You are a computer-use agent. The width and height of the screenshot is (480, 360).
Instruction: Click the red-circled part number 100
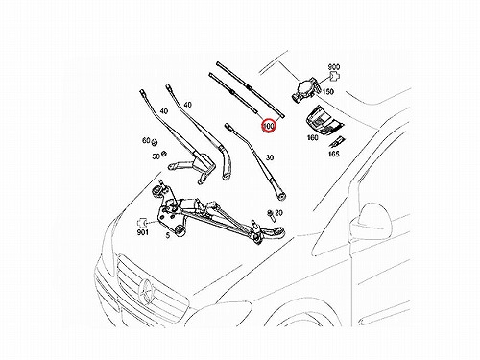click(269, 126)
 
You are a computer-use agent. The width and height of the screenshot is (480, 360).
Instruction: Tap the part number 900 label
click(334, 67)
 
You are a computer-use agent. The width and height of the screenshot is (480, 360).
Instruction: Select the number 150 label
click(327, 92)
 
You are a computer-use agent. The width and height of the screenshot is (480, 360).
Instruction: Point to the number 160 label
click(313, 137)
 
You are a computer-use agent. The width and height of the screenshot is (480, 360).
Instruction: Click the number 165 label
click(334, 154)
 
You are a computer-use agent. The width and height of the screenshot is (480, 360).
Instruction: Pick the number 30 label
click(270, 157)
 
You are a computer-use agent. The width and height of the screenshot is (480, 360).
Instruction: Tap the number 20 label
click(278, 213)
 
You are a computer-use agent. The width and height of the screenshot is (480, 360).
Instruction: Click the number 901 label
click(143, 232)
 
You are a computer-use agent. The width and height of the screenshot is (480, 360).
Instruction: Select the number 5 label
click(168, 236)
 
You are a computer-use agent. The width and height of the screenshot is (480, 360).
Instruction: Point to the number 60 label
click(146, 140)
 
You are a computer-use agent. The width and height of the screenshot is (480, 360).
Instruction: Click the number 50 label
click(156, 156)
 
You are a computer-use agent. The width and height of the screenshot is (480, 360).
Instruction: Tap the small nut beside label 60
click(154, 141)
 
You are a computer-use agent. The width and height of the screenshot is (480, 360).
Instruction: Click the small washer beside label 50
click(163, 154)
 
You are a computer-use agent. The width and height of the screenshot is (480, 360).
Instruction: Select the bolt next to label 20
click(270, 215)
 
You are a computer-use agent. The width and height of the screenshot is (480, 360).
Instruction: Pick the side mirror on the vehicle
click(372, 220)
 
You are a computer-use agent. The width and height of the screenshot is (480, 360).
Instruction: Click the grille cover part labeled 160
click(323, 120)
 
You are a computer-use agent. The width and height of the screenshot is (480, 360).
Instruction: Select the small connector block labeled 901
click(141, 222)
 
